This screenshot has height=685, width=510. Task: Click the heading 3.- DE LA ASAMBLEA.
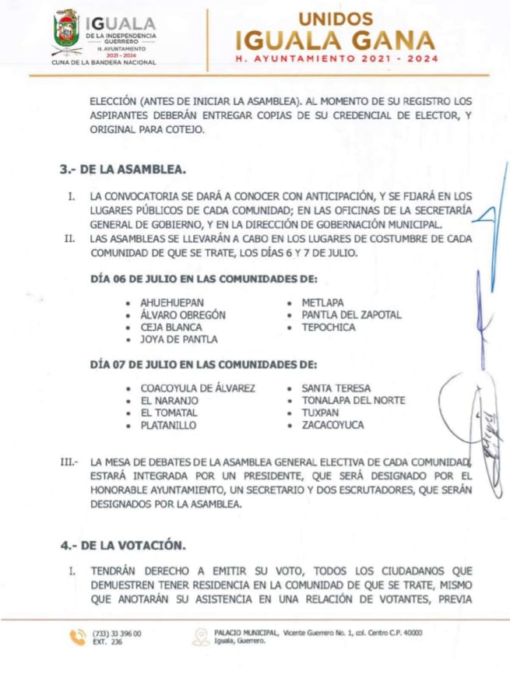coord(122,170)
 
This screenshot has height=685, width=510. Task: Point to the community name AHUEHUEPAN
coord(173,302)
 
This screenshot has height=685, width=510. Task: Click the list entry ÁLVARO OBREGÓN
coord(183,314)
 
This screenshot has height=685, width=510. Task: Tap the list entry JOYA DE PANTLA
coord(178,339)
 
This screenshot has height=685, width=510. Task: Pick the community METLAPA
coord(322,302)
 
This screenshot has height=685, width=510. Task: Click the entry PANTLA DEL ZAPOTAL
coord(351,314)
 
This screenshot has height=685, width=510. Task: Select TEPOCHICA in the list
coord(328,327)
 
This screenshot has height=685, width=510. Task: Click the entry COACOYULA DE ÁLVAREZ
coord(198,388)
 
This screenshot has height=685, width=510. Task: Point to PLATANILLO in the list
coord(168,426)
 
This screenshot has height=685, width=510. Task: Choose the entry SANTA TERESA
coord(336,388)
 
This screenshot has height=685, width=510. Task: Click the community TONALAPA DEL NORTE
coord(353,401)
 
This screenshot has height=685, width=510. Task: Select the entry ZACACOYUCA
coord(332,426)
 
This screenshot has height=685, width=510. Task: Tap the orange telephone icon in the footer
coord(78,637)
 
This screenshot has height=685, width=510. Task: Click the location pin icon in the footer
coord(201,637)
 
